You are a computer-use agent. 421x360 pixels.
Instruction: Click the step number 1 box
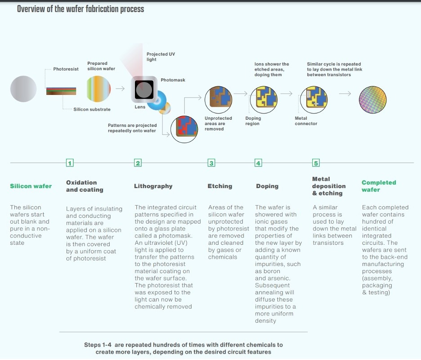click(x=70, y=163)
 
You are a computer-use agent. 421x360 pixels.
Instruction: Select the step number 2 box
click(x=138, y=163)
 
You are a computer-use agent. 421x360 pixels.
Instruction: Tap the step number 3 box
click(x=211, y=163)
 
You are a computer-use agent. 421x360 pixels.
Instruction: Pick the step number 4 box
click(x=258, y=163)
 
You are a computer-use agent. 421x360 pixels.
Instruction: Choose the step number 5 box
click(x=316, y=163)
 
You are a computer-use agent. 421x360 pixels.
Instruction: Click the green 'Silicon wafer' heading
click(x=31, y=186)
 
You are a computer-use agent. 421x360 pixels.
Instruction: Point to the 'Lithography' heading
click(x=153, y=186)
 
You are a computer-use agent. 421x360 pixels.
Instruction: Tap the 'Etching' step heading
click(x=220, y=186)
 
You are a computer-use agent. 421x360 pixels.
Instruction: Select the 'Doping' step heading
click(x=267, y=186)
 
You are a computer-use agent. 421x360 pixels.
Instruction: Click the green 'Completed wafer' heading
click(x=379, y=186)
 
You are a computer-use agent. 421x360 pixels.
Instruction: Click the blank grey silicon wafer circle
click(x=23, y=89)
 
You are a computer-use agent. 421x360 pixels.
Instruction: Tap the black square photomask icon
click(x=144, y=89)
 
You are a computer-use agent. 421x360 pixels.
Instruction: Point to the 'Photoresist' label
click(x=66, y=69)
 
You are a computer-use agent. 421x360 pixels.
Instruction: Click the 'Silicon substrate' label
click(x=92, y=109)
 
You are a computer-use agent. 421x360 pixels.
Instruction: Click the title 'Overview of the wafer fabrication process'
click(x=81, y=9)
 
